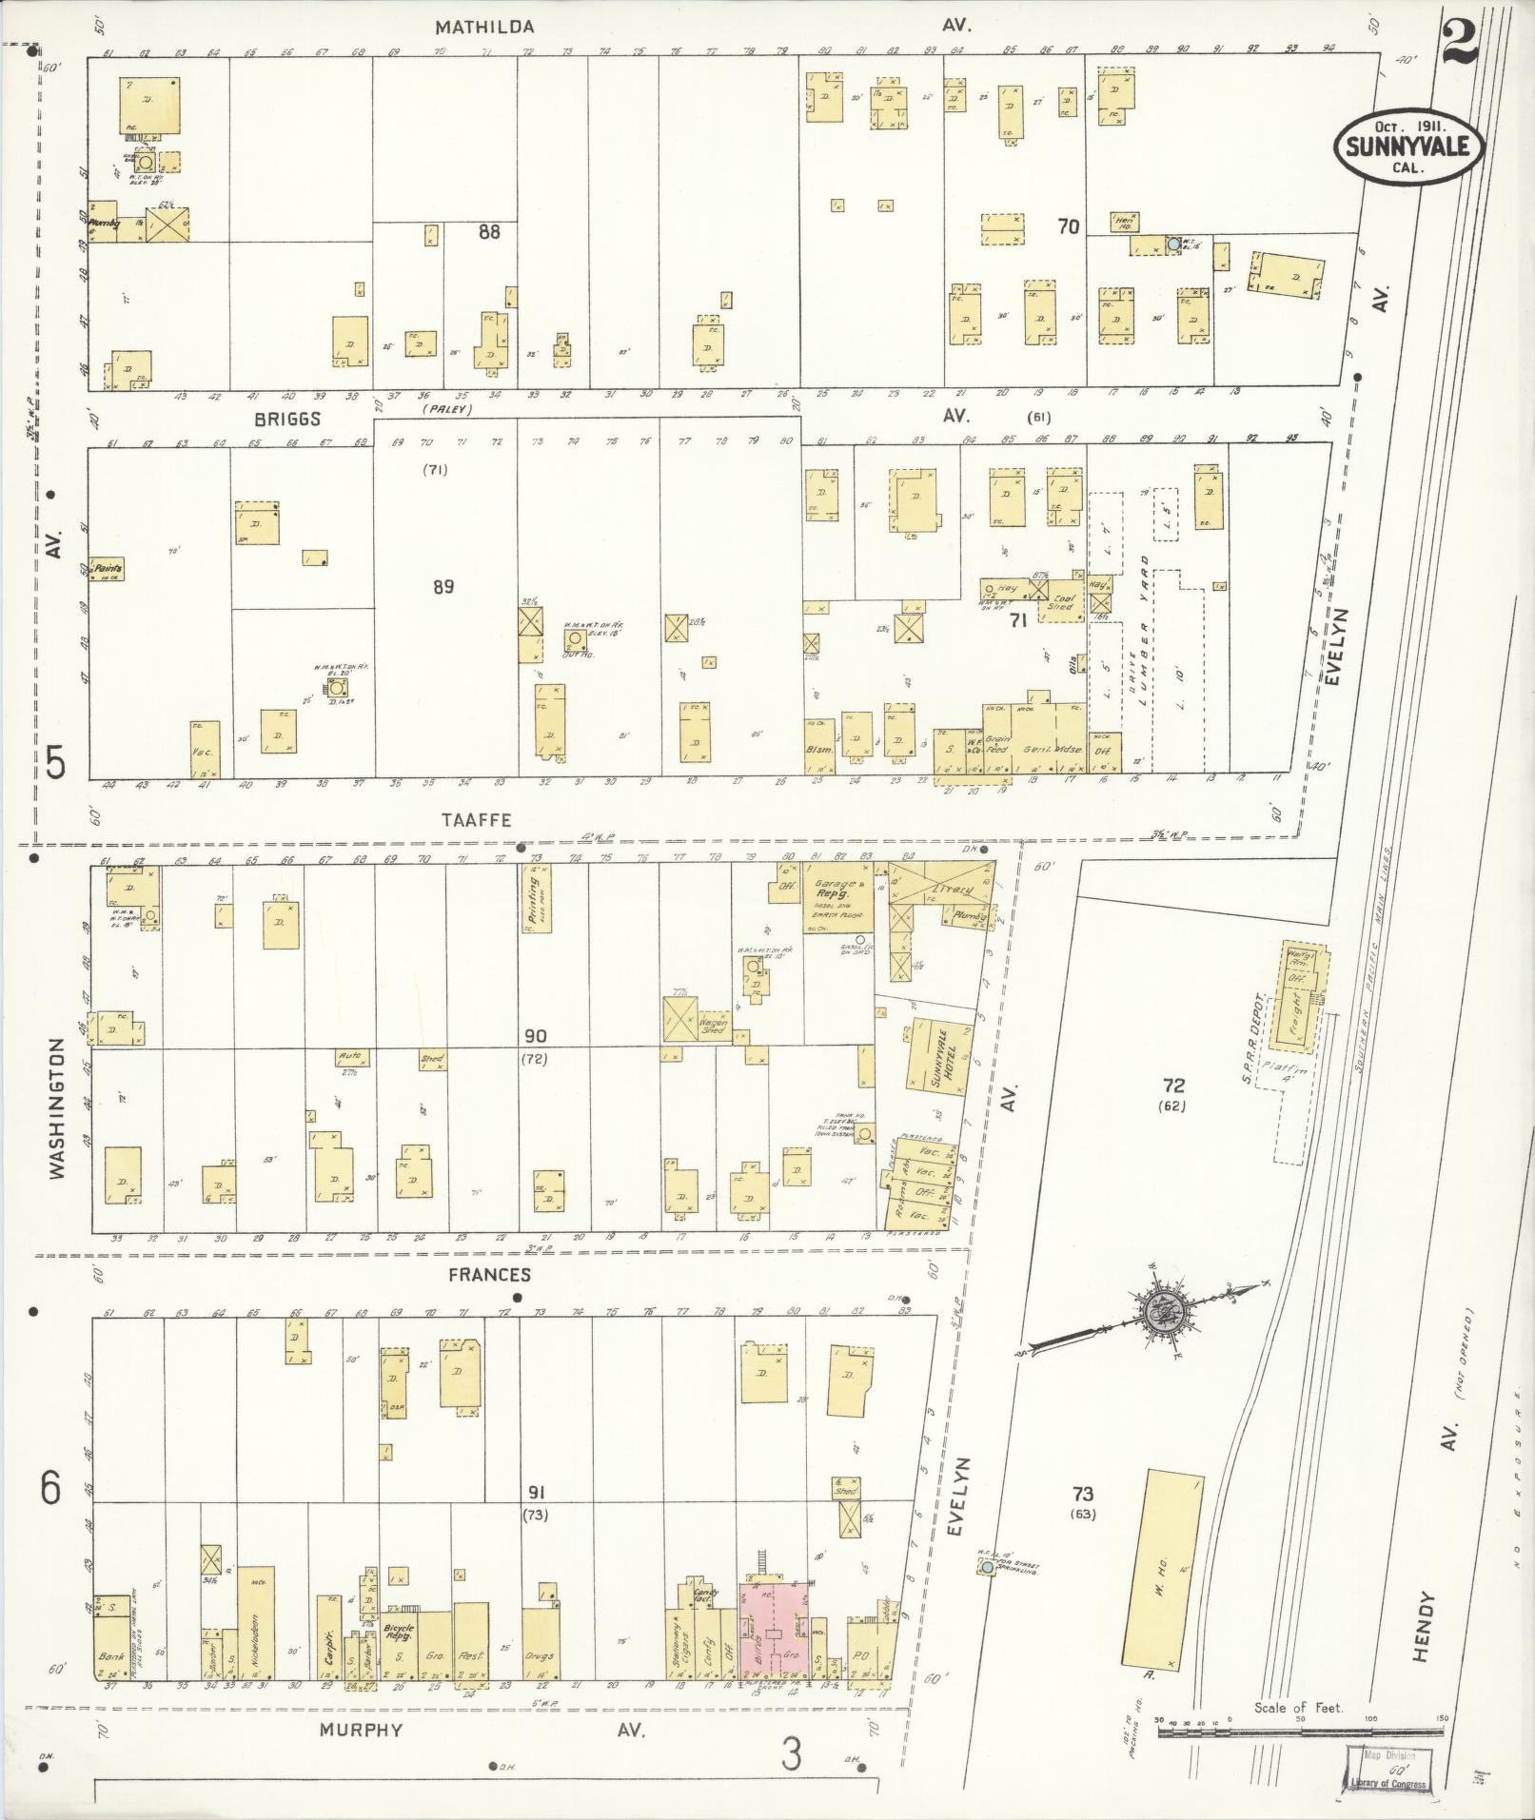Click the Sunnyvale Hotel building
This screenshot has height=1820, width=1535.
[935, 1053]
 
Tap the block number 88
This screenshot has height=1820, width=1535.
[488, 231]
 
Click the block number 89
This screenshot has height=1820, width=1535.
[443, 587]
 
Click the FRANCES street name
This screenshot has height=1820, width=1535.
[493, 1275]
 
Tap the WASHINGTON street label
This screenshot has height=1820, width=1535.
[57, 1108]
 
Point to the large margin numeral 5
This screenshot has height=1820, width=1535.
[55, 761]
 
